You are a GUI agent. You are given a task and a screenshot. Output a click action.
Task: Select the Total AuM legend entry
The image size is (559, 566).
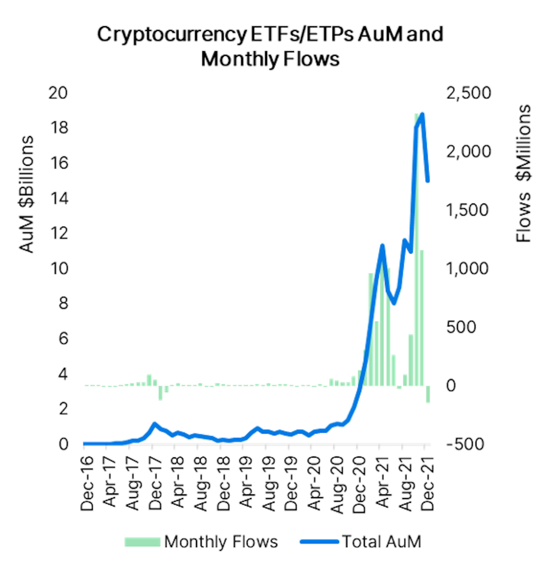(361, 541)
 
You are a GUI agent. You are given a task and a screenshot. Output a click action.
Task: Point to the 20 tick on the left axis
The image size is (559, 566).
(58, 93)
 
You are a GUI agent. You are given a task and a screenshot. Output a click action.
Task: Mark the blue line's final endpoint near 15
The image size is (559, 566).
(428, 181)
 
